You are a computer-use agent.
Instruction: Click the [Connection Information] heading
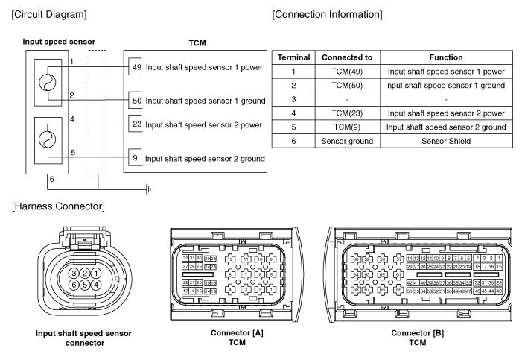[x=328, y=15]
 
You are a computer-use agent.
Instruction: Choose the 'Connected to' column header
[x=343, y=57]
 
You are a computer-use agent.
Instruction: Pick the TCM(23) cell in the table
[x=343, y=113]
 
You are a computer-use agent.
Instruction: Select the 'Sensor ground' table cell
[x=343, y=140]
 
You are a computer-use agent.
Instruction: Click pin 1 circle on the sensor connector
[x=97, y=274]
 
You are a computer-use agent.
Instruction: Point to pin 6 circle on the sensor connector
[x=74, y=285]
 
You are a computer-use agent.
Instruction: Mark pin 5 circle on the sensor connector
[x=86, y=285]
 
